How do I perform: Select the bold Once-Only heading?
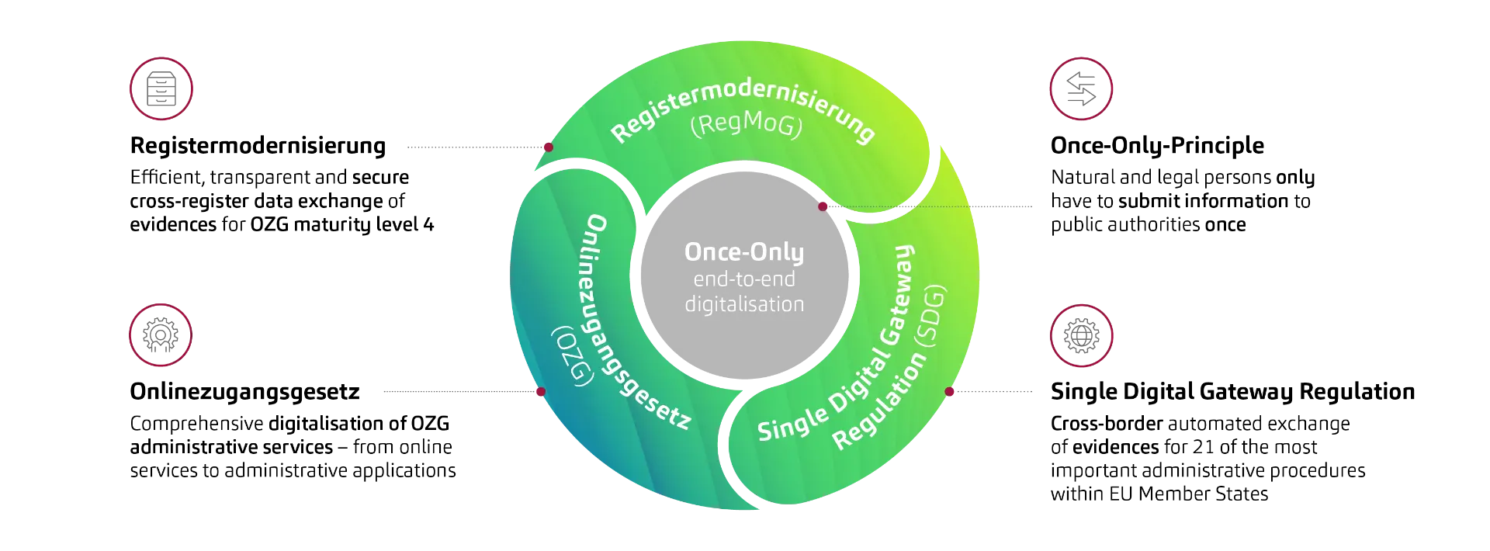tap(743, 252)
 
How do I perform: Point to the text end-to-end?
tap(743, 279)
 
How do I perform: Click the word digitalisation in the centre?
tap(743, 304)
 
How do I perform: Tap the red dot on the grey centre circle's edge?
tap(823, 206)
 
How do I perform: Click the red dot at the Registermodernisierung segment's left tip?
tap(547, 147)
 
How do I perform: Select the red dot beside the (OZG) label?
tap(540, 392)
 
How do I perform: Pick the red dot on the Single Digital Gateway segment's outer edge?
tap(949, 392)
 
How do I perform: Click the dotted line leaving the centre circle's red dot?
tap(931, 207)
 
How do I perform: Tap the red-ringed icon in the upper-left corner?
tap(161, 89)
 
